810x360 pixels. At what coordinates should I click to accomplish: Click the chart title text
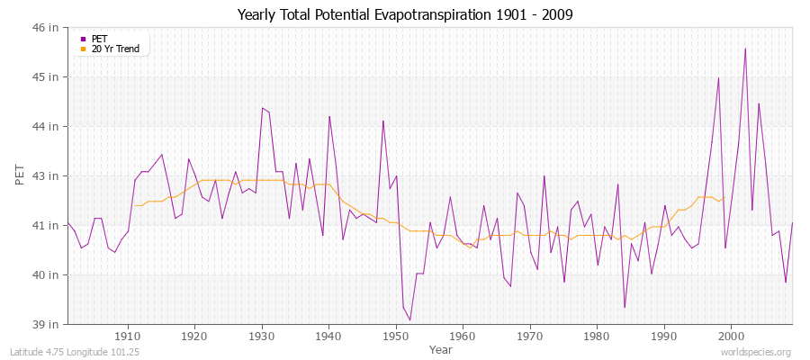[x=404, y=14]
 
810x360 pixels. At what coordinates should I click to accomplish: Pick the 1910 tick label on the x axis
[x=128, y=337]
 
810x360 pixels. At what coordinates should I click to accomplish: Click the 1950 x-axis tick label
[x=396, y=337]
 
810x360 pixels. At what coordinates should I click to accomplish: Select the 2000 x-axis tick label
[x=731, y=337]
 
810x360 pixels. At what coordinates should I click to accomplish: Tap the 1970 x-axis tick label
[x=530, y=337]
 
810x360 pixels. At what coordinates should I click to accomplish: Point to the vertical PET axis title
[x=20, y=175]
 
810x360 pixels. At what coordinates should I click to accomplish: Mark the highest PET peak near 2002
[x=745, y=49]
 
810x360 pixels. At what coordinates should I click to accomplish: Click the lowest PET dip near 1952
[x=409, y=320]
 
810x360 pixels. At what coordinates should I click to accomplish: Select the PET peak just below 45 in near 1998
[x=718, y=77]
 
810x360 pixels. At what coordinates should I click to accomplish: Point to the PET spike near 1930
[x=262, y=108]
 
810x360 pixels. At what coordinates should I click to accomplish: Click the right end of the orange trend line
[x=724, y=198]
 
